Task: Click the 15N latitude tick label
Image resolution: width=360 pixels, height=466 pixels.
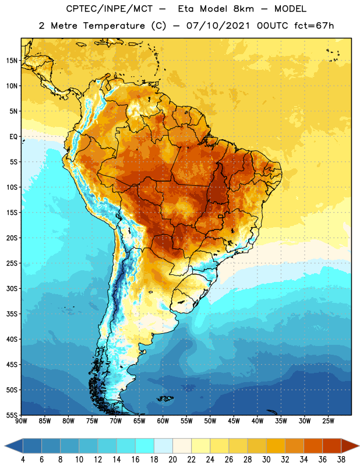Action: click(12, 61)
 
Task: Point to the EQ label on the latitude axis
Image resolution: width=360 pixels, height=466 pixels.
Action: click(13, 137)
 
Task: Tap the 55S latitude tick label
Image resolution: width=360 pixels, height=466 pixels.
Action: click(12, 415)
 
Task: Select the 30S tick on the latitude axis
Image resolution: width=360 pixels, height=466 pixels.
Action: click(12, 288)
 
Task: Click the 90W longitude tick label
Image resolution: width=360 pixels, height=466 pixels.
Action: click(21, 421)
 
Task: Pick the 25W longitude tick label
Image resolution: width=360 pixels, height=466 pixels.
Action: click(328, 421)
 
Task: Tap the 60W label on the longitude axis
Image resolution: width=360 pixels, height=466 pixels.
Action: click(163, 421)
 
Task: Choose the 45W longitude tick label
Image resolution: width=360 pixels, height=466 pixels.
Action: click(234, 421)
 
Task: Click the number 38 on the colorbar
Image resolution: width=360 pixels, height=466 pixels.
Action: click(341, 460)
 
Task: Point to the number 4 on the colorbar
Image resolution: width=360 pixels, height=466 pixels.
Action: click(23, 460)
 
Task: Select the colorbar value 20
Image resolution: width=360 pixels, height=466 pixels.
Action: click(172, 460)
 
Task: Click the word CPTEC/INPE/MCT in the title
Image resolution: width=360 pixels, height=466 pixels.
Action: click(109, 9)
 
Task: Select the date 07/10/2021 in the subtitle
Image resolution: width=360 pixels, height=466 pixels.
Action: click(218, 26)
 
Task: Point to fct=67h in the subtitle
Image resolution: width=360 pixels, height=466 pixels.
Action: click(314, 26)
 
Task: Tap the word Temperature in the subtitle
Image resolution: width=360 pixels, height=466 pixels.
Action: click(114, 26)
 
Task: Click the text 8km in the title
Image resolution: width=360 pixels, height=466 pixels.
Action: click(243, 9)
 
